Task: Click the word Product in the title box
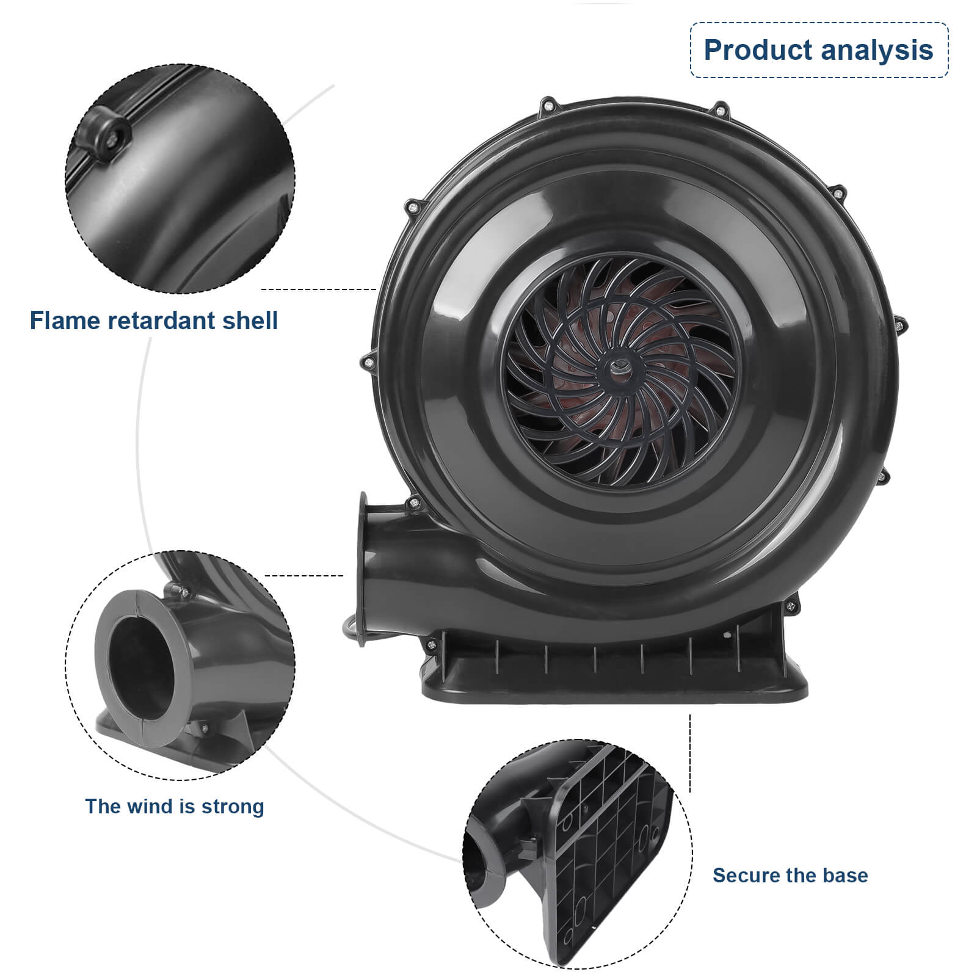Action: pyautogui.click(x=757, y=50)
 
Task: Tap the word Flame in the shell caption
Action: pyautogui.click(x=65, y=321)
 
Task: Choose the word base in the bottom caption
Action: pyautogui.click(x=845, y=875)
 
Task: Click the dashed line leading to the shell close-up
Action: pyautogui.click(x=318, y=289)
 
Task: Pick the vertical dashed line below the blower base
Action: pyautogui.click(x=690, y=754)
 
